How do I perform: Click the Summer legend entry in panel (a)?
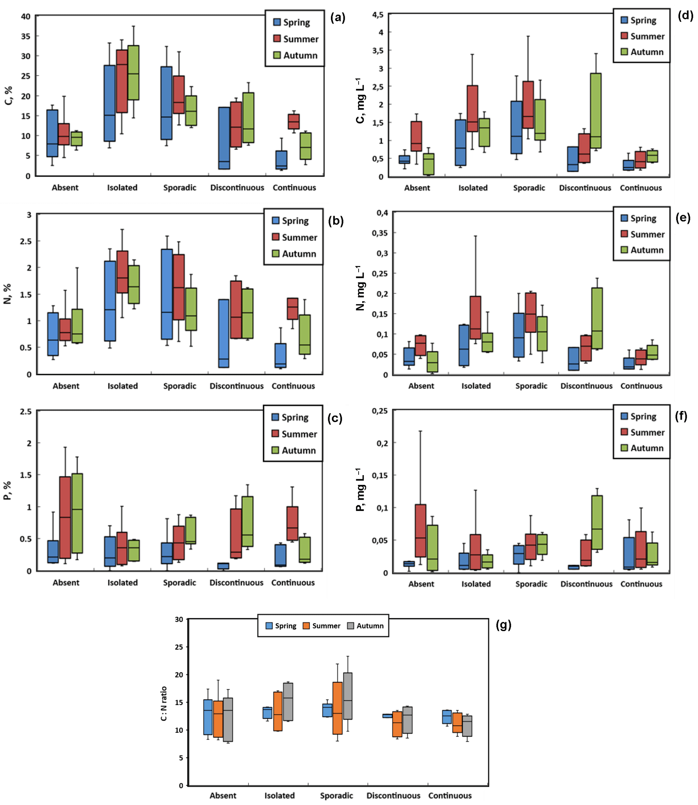(296, 39)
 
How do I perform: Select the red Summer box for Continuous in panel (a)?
(294, 122)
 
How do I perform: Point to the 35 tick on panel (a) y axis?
(26, 36)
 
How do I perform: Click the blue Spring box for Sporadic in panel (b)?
(167, 294)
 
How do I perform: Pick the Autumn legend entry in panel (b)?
(294, 254)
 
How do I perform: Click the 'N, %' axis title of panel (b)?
(7, 294)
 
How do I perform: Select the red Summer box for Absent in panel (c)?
(65, 517)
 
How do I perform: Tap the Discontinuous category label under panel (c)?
(236, 582)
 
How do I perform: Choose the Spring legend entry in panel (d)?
(639, 20)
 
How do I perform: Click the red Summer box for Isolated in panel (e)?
(475, 317)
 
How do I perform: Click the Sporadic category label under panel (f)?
(531, 584)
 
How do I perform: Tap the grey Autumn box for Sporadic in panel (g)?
(348, 696)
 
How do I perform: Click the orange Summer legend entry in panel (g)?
(322, 626)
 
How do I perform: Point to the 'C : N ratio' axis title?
(164, 703)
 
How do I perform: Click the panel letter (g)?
(503, 625)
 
